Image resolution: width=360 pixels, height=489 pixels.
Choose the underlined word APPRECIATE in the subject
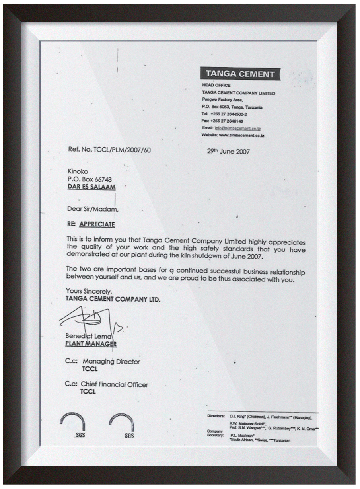(97, 224)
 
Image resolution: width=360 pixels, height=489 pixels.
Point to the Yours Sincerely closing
(86, 291)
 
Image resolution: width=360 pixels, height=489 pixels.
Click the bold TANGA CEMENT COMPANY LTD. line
(113, 298)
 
